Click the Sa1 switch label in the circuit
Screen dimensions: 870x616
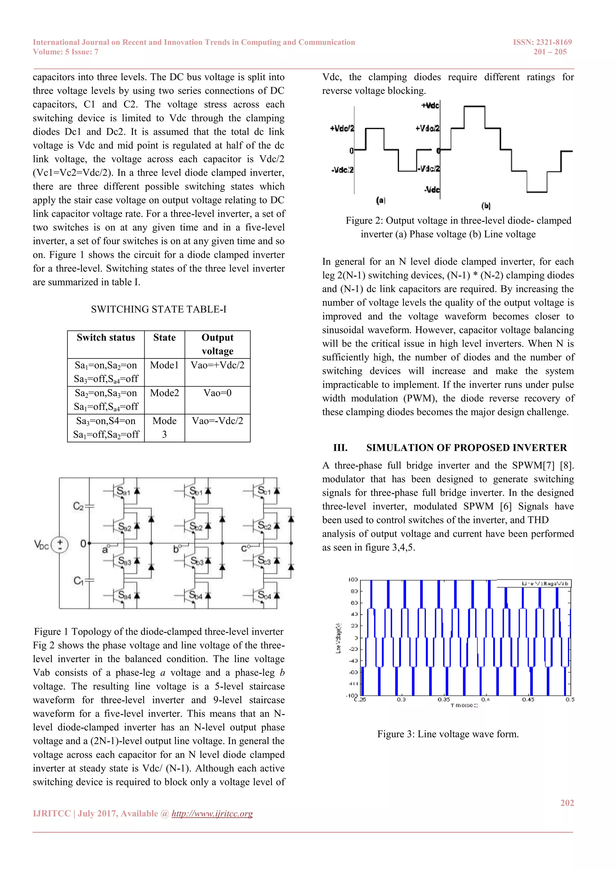coord(123,491)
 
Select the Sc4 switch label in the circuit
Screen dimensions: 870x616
coord(264,595)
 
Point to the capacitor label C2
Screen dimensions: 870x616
coord(78,506)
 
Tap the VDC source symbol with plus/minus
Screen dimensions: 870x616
coord(60,545)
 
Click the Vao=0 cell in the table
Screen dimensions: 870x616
coord(217,393)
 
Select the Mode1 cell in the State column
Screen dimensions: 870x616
coord(164,365)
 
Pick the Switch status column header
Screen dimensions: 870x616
coord(106,337)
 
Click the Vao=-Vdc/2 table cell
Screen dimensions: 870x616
coord(217,421)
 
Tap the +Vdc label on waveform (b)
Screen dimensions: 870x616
coord(430,105)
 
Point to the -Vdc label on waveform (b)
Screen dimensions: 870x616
coord(432,189)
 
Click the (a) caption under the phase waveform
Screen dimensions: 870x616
coord(380,200)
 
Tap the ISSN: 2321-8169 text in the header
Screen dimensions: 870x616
coord(542,42)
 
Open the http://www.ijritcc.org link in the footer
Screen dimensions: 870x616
coord(212,814)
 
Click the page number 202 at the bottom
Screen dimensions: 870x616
coord(567,803)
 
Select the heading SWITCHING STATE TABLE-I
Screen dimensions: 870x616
coord(159,309)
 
